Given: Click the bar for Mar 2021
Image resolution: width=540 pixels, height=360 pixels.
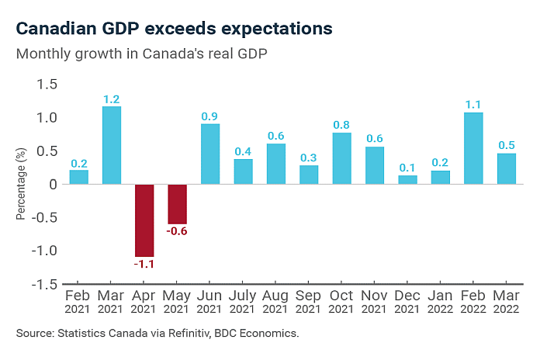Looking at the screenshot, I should (112, 145).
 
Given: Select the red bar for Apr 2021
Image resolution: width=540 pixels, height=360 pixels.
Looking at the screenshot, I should (144, 220).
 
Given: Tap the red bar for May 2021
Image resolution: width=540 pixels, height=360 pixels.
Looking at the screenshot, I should (177, 204).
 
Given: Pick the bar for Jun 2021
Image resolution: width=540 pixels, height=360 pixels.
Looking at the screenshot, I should (210, 154).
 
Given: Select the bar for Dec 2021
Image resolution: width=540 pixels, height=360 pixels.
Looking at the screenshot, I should (407, 180).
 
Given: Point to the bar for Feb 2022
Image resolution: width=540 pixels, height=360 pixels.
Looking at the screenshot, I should (473, 148).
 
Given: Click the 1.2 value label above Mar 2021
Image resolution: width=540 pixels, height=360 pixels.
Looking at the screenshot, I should (112, 99).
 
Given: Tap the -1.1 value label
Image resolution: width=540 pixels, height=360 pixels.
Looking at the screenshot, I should (145, 265).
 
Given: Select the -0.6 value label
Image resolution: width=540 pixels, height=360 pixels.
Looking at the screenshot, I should (178, 231).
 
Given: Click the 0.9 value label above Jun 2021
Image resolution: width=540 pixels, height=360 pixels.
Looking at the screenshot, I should (210, 116).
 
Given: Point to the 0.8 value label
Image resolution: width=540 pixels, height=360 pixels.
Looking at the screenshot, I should (341, 125).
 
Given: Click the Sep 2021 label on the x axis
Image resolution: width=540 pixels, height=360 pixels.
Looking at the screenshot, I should (309, 303).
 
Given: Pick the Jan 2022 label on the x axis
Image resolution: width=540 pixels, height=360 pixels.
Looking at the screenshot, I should (440, 303).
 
